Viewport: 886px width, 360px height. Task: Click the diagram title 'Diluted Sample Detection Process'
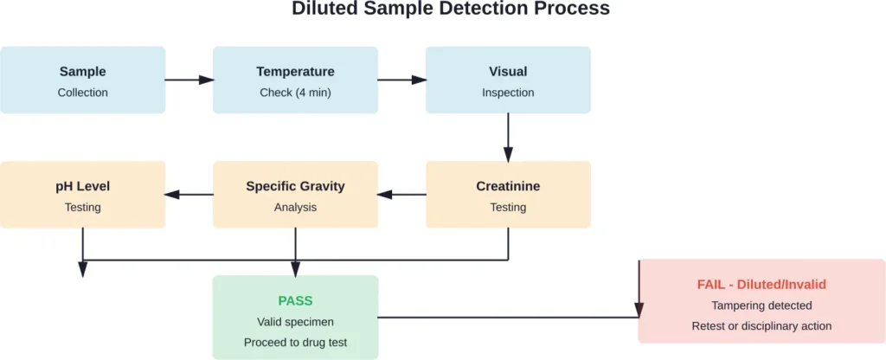pos(450,10)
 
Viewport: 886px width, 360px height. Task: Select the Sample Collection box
pos(83,80)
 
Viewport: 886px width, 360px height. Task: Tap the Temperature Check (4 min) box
pos(295,80)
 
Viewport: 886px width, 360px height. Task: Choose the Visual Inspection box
pos(508,80)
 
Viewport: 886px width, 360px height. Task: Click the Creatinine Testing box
pos(508,195)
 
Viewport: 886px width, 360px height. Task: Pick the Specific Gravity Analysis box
pos(295,195)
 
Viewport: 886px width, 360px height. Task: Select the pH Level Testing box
pos(83,195)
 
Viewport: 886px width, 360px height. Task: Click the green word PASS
pos(295,300)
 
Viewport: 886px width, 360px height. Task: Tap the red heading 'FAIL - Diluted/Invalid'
pos(761,284)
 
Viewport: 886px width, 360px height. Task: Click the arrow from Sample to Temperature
pos(189,80)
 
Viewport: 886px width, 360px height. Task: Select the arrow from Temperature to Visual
pos(401,80)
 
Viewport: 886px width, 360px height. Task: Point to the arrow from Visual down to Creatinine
pos(508,137)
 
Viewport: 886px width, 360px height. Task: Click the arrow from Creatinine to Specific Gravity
pos(401,194)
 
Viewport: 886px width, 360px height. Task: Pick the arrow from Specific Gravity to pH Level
pos(189,194)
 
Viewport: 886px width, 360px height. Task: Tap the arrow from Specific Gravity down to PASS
pos(295,251)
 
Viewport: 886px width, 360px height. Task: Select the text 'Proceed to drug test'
pos(295,343)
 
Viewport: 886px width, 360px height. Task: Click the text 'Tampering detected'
pos(761,305)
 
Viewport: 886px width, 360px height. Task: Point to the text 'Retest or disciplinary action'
pos(761,326)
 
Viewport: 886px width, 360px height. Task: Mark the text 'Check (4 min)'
pos(295,93)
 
